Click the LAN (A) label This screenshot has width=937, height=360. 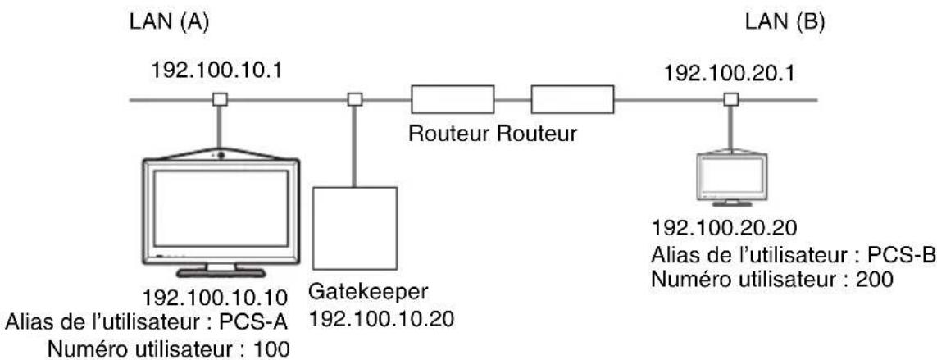pos(169,23)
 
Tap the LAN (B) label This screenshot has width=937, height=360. pos(784,23)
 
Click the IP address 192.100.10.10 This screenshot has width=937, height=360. pos(216,297)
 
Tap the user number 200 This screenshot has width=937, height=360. pos(877,280)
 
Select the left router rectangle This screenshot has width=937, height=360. pos(453,100)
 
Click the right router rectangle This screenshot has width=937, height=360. pos(573,100)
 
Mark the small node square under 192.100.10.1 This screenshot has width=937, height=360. pos(220,99)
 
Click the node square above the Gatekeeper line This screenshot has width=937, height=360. pos(355,99)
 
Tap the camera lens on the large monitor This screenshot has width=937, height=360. pos(221,155)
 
